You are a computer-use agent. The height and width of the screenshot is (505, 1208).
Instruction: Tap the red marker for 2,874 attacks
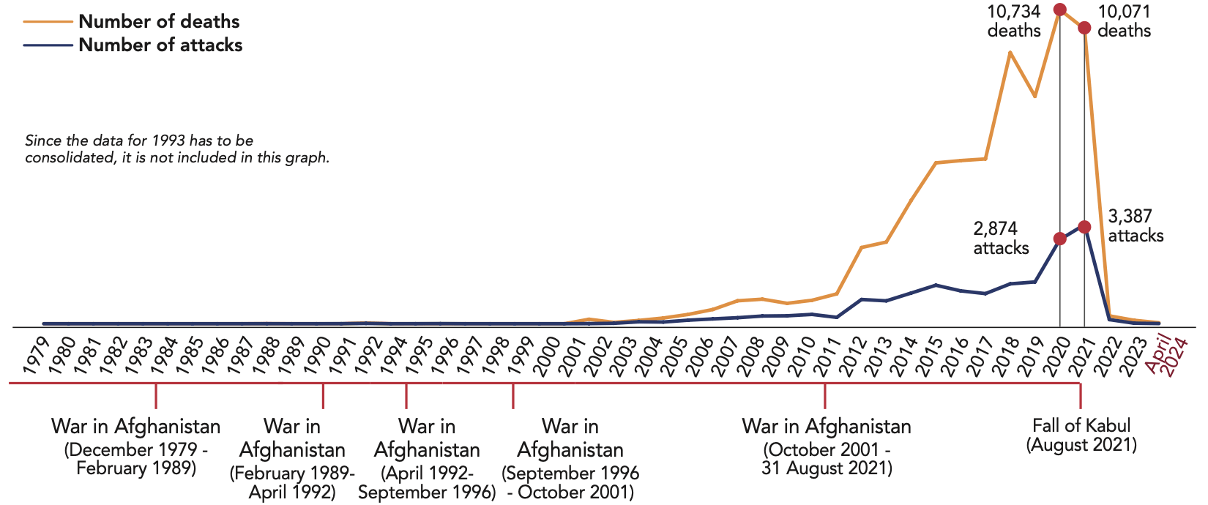pyautogui.click(x=1059, y=239)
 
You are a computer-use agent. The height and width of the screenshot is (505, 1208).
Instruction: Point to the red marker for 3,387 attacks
pyautogui.click(x=1084, y=227)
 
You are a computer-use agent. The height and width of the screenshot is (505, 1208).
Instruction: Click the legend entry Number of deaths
pyautogui.click(x=159, y=21)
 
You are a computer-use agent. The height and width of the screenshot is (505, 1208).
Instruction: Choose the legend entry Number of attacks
pyautogui.click(x=160, y=45)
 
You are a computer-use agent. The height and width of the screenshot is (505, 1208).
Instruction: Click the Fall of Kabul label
pyautogui.click(x=1081, y=435)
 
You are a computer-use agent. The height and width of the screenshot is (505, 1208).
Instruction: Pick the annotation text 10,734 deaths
pyautogui.click(x=1014, y=21)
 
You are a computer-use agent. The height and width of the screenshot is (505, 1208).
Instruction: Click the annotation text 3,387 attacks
pyautogui.click(x=1136, y=226)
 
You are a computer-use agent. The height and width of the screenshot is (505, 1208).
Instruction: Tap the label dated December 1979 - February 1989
pyautogui.click(x=136, y=446)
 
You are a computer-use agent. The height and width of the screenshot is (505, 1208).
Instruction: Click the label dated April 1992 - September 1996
pyautogui.click(x=427, y=459)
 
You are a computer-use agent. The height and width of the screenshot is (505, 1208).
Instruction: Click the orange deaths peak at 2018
pyautogui.click(x=1010, y=53)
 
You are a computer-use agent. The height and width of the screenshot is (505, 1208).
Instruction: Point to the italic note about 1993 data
pyautogui.click(x=176, y=149)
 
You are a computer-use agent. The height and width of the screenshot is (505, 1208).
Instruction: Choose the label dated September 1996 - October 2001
pyautogui.click(x=570, y=459)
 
